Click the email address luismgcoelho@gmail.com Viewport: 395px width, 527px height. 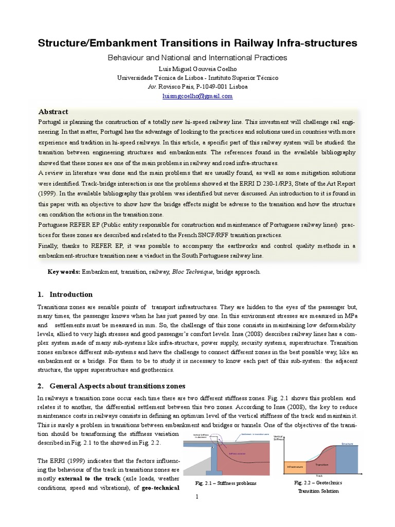pos(197,96)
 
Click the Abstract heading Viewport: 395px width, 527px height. pos(53,112)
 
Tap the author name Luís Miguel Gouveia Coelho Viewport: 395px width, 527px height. pos(197,69)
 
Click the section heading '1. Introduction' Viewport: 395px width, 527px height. pos(65,294)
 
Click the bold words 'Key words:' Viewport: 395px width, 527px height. pos(64,272)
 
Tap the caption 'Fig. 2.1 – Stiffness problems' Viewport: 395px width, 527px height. pos(226,483)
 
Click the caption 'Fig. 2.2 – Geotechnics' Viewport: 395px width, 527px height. pos(317,483)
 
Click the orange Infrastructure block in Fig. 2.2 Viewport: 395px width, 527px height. pos(295,467)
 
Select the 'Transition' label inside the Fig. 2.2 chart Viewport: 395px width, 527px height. pos(322,464)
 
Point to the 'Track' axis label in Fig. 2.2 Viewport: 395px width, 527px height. pos(319,476)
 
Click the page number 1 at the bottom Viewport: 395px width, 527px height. pos(197,497)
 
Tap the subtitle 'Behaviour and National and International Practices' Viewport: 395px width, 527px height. pos(197,58)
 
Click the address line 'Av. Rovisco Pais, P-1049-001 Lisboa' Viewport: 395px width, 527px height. pos(197,86)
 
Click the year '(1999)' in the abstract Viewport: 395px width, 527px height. pos(49,194)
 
